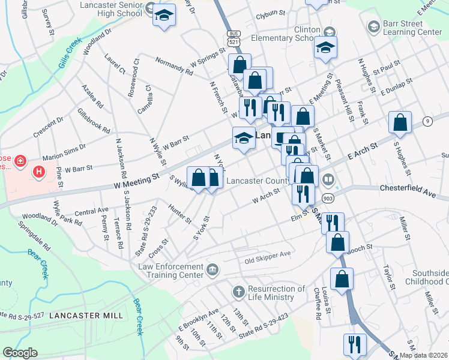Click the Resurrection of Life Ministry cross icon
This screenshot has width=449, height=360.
[238, 292]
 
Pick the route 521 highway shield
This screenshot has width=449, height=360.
[234, 37]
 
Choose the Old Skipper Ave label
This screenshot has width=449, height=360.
[267, 254]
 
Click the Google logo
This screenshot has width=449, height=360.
[20, 353]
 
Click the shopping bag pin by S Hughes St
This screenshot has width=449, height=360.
[400, 122]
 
